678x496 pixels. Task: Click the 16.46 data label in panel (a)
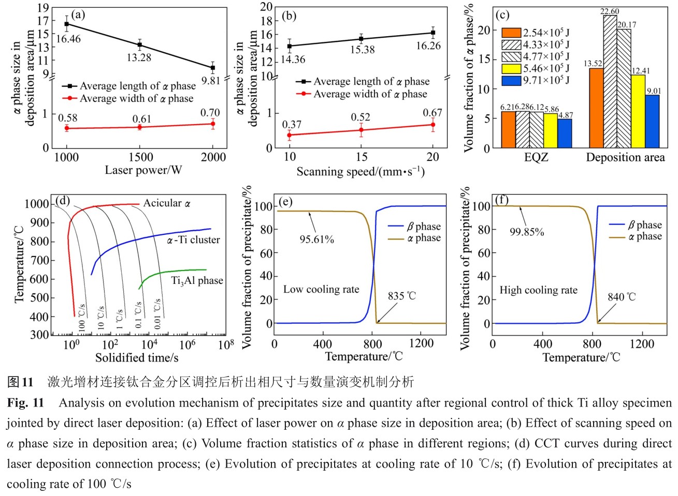(68, 39)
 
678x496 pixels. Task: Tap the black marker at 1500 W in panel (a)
(139, 45)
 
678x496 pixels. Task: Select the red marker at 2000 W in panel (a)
(212, 124)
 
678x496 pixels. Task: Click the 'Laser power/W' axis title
(143, 171)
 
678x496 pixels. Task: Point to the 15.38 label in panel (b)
(362, 50)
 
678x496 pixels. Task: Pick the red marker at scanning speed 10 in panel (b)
(290, 135)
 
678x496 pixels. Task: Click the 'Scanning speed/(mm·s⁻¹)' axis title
(360, 172)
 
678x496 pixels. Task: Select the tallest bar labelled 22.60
(610, 83)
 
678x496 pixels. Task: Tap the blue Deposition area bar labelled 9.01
(653, 122)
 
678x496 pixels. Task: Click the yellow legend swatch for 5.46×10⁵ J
(511, 68)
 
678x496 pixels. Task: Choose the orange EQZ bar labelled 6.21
(509, 130)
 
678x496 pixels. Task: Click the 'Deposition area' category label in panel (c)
(625, 158)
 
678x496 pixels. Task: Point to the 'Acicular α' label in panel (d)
(167, 203)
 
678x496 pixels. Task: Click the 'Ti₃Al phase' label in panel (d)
(197, 281)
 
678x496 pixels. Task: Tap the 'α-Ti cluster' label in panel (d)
(193, 240)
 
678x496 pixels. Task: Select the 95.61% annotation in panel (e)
(316, 239)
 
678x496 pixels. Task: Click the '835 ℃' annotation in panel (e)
(402, 296)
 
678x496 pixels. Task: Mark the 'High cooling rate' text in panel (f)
(538, 290)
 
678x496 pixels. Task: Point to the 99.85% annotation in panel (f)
(527, 232)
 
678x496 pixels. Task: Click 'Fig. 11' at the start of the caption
(25, 403)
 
